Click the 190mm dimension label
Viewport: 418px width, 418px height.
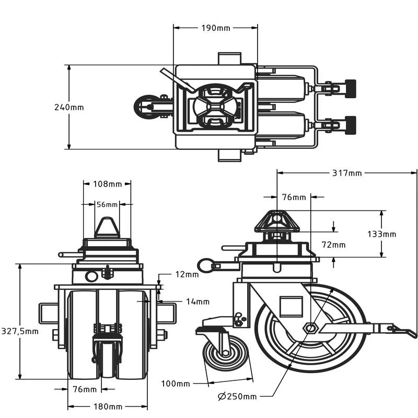[x=215, y=28]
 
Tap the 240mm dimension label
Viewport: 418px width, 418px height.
[x=68, y=107]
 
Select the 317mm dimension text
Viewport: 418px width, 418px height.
[x=346, y=173]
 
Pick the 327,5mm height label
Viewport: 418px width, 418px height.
[x=19, y=331]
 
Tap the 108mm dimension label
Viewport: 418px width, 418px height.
[x=107, y=184]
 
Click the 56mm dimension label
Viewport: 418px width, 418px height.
[x=107, y=204]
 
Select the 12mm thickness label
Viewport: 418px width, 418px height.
[x=187, y=274]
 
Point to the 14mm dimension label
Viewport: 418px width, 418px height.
[x=197, y=301]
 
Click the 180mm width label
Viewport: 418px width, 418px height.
[x=108, y=407]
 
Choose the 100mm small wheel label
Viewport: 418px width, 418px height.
[x=175, y=384]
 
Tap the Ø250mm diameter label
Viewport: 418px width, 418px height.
[x=237, y=396]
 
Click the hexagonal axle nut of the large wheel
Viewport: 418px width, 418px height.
[x=311, y=328]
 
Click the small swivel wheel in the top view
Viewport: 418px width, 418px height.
[x=147, y=107]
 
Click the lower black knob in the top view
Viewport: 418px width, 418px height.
[x=350, y=124]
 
